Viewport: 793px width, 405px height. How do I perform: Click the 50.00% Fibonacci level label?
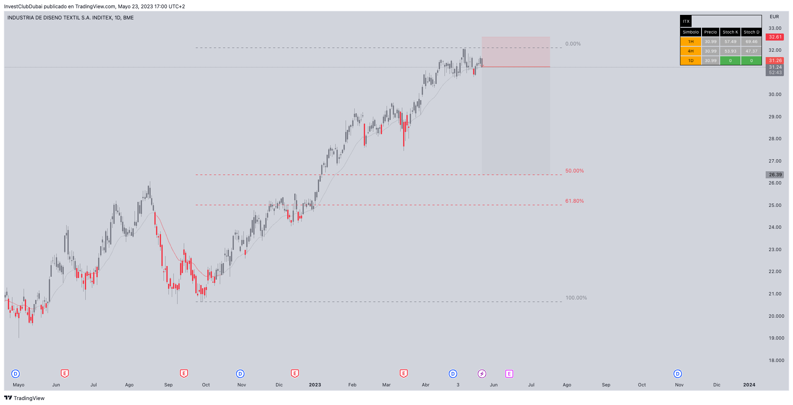coord(574,171)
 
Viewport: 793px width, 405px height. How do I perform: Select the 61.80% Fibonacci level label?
coord(574,201)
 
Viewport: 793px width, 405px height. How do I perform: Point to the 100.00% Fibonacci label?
coord(576,298)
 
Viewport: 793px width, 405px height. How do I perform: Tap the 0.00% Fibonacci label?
coord(573,44)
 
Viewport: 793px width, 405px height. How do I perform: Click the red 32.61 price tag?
coord(775,37)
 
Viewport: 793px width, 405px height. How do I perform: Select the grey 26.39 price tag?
coord(775,175)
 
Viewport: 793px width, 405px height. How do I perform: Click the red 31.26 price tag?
coord(775,61)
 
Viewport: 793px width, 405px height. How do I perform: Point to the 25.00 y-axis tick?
coord(775,205)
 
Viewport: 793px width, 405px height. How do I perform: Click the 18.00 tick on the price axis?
coord(776,360)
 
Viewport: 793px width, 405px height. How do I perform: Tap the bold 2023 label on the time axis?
coord(315,385)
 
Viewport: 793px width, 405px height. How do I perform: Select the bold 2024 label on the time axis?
coord(749,385)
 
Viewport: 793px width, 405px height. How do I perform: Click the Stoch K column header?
coord(730,32)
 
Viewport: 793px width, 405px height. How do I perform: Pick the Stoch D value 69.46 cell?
coord(751,42)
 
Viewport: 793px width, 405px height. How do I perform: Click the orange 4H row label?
coord(690,51)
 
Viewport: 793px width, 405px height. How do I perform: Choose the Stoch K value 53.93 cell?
coord(730,51)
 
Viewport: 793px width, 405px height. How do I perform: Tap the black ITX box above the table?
coord(686,22)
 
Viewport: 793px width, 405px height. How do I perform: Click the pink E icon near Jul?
coord(509,374)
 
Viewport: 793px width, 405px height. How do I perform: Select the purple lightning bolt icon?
coord(482,374)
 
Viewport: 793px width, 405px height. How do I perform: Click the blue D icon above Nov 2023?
coord(678,374)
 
